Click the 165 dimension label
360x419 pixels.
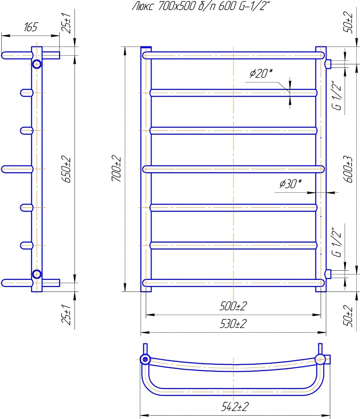pyautogui.click(x=31, y=27)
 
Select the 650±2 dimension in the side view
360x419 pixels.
pyautogui.click(x=67, y=169)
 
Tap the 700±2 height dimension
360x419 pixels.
pyautogui.click(x=116, y=169)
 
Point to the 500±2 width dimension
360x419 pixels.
pyautogui.click(x=233, y=306)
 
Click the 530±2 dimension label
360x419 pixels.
pyautogui.click(x=233, y=324)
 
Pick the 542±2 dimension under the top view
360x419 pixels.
pyautogui.click(x=235, y=407)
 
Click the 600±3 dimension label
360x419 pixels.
pyautogui.click(x=348, y=169)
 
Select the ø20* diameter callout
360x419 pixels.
pyautogui.click(x=261, y=73)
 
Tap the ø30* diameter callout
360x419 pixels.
pyautogui.click(x=291, y=184)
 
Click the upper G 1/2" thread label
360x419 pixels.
pyautogui.click(x=337, y=95)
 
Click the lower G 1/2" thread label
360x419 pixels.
pyautogui.click(x=337, y=242)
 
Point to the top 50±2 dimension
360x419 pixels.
pyautogui.click(x=348, y=23)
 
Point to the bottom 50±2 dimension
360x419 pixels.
pyautogui.click(x=348, y=316)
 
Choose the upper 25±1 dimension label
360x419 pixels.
pyautogui.click(x=67, y=23)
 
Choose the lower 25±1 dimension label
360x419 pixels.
pyautogui.click(x=67, y=315)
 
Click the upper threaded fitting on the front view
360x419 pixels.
pyautogui.click(x=328, y=64)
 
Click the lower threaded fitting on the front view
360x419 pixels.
pyautogui.click(x=328, y=274)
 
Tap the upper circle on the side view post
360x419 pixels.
pyautogui.click(x=37, y=64)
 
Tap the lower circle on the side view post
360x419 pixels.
pyautogui.click(x=37, y=274)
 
